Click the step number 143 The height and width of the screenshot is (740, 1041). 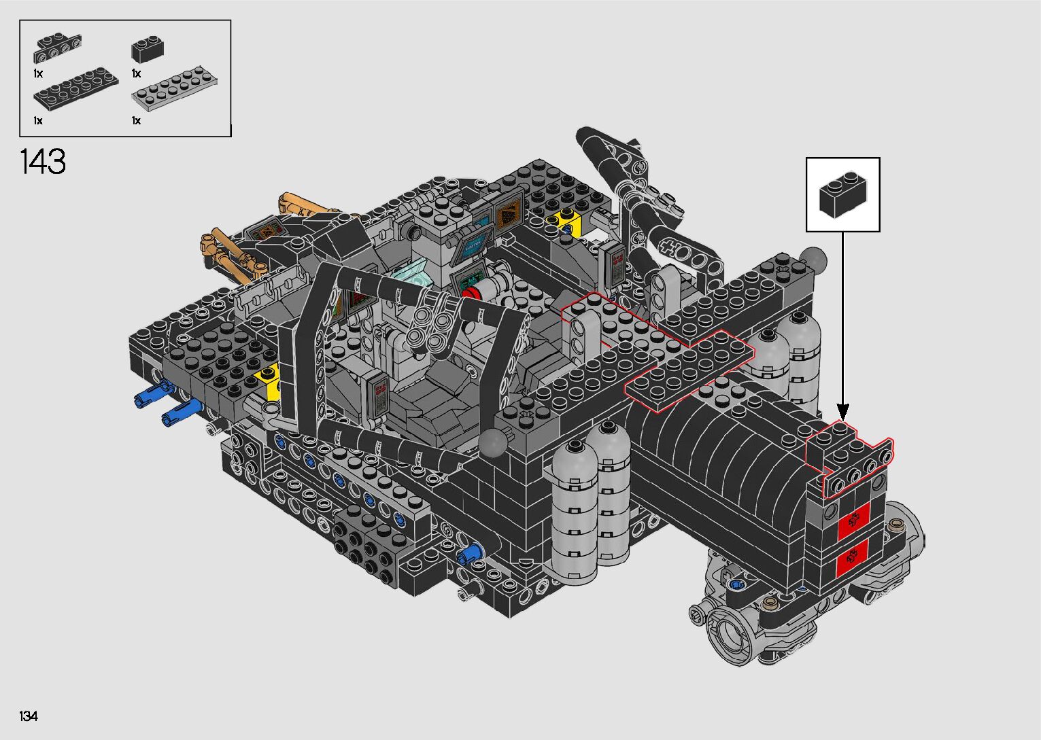(x=43, y=162)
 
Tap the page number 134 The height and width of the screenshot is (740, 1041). (x=29, y=716)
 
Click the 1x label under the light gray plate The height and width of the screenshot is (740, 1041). (x=136, y=121)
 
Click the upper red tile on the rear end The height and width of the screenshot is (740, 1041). (x=854, y=521)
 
